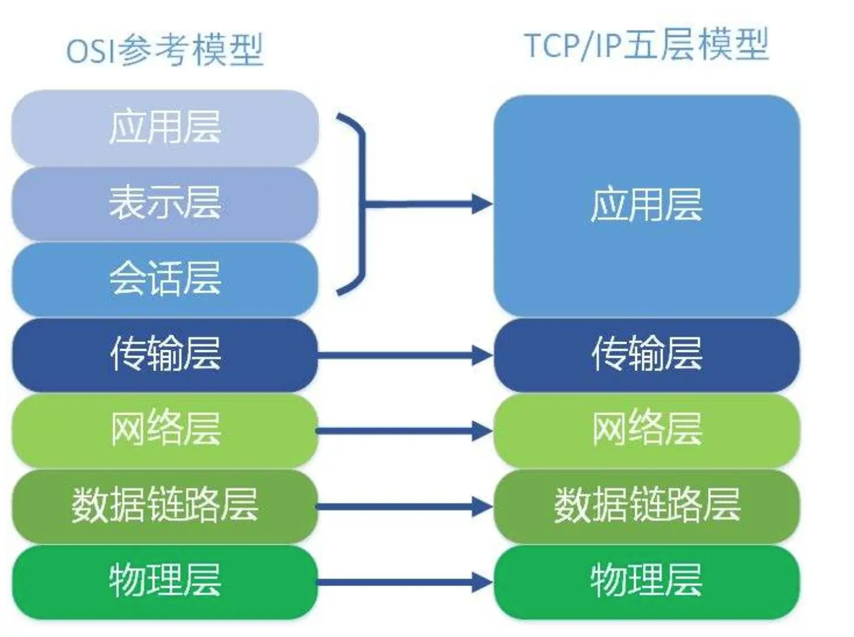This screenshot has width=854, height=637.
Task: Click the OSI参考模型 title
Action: pyautogui.click(x=165, y=50)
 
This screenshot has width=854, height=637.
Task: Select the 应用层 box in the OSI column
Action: pyautogui.click(x=165, y=127)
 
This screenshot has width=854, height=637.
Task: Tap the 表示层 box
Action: pyautogui.click(x=165, y=203)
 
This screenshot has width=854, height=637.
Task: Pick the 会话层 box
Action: pyautogui.click(x=165, y=279)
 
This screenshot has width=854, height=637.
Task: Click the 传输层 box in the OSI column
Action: pyautogui.click(x=165, y=354)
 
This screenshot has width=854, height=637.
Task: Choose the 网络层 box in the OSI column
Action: pyautogui.click(x=165, y=430)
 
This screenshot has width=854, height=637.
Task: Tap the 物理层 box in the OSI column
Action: pyautogui.click(x=165, y=581)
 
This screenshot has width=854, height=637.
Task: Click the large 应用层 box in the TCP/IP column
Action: pyautogui.click(x=646, y=205)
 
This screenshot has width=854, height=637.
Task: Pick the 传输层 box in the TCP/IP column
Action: pyautogui.click(x=646, y=354)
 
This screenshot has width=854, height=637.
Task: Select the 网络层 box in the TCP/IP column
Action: pyautogui.click(x=646, y=430)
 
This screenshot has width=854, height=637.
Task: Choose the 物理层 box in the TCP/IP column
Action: pyautogui.click(x=646, y=581)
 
